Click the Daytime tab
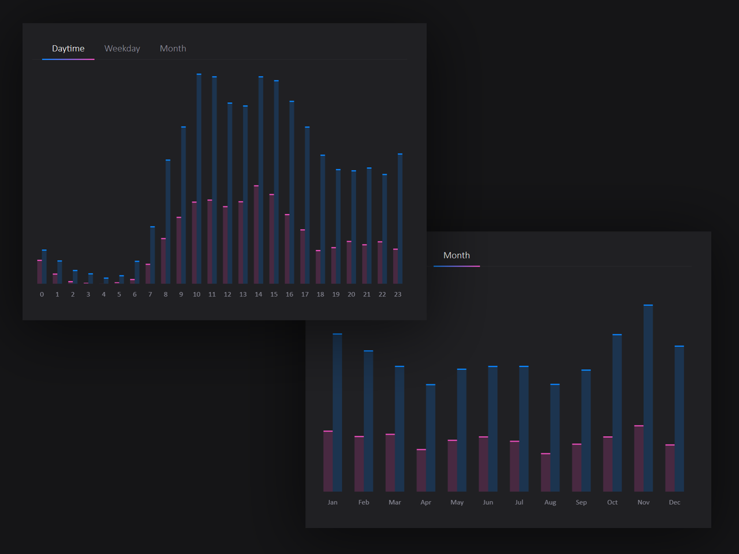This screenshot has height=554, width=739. (68, 48)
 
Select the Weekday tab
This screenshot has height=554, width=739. (122, 48)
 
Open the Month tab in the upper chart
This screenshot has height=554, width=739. (173, 48)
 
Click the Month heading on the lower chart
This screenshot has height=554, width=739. (456, 255)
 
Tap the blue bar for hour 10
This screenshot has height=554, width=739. (199, 179)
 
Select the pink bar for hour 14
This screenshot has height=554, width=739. (256, 234)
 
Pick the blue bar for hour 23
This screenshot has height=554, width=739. (400, 219)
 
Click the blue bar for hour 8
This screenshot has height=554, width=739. (168, 222)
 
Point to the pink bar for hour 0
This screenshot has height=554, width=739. (39, 272)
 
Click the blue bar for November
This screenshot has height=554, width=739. (648, 398)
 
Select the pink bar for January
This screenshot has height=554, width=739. (328, 461)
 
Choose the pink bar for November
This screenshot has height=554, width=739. (639, 458)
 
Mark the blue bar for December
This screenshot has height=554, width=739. (680, 418)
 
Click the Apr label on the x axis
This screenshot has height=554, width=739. (426, 502)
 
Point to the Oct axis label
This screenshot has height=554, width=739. (612, 502)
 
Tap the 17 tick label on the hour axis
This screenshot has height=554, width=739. (305, 294)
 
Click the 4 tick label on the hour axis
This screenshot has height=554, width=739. (104, 294)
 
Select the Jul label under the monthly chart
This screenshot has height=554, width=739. (519, 502)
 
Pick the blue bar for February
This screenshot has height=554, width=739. (368, 421)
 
